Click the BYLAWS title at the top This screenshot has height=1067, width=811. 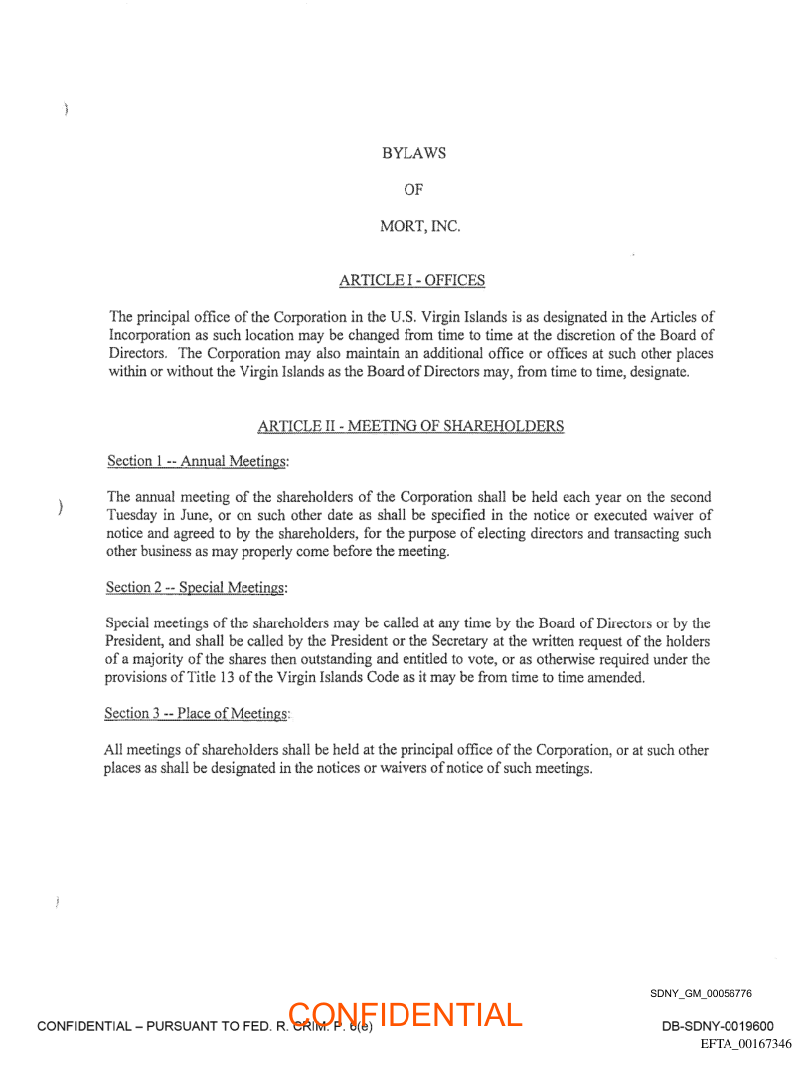coord(413,154)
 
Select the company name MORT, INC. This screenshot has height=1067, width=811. coord(419,226)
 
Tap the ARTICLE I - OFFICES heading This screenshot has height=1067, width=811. coord(411,281)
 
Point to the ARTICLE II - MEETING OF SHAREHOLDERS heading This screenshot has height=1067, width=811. coord(410,426)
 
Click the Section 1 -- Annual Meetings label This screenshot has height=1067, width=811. coord(197,461)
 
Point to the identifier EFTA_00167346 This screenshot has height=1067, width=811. coord(745,1044)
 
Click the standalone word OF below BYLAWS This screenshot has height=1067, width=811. coord(413,190)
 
